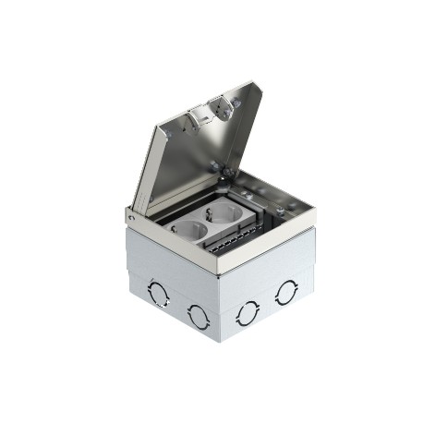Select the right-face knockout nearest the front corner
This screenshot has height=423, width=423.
click(247, 312)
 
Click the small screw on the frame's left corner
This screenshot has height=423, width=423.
click(131, 217)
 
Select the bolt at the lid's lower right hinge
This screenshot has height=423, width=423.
click(219, 169)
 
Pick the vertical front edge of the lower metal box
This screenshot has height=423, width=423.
click(221, 309)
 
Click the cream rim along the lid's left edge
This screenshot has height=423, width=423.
click(140, 171)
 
